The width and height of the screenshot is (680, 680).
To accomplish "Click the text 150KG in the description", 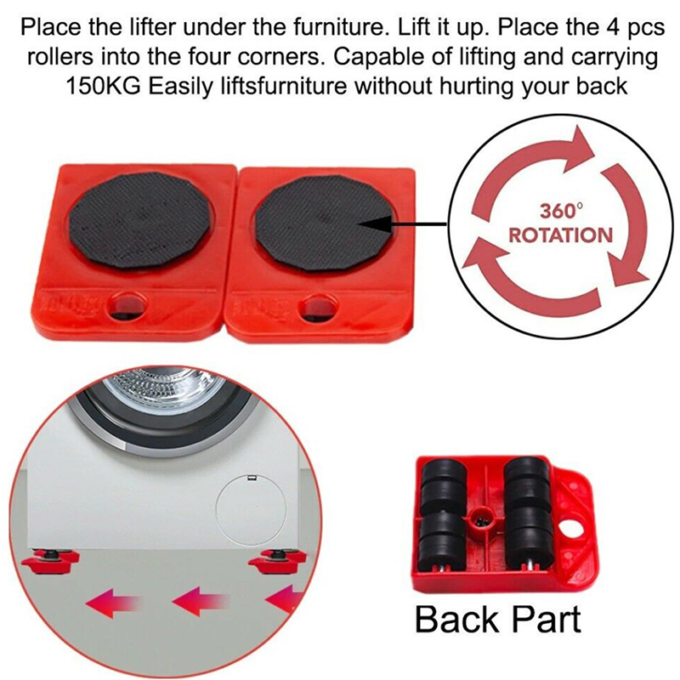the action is coord(103,87).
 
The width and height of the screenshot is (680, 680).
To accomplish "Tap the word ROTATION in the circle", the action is coord(561,235).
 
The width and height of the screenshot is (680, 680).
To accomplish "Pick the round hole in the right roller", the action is coord(319,306).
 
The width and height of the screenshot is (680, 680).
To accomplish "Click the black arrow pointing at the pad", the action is coord(403,224).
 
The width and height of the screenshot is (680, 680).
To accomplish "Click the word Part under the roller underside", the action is coord(547,619).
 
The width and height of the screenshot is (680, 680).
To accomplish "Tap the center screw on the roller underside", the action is coord(482,518).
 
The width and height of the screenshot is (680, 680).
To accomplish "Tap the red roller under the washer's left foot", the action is coord(50,558).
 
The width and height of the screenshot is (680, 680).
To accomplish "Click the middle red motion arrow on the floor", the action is coord(199,602).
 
